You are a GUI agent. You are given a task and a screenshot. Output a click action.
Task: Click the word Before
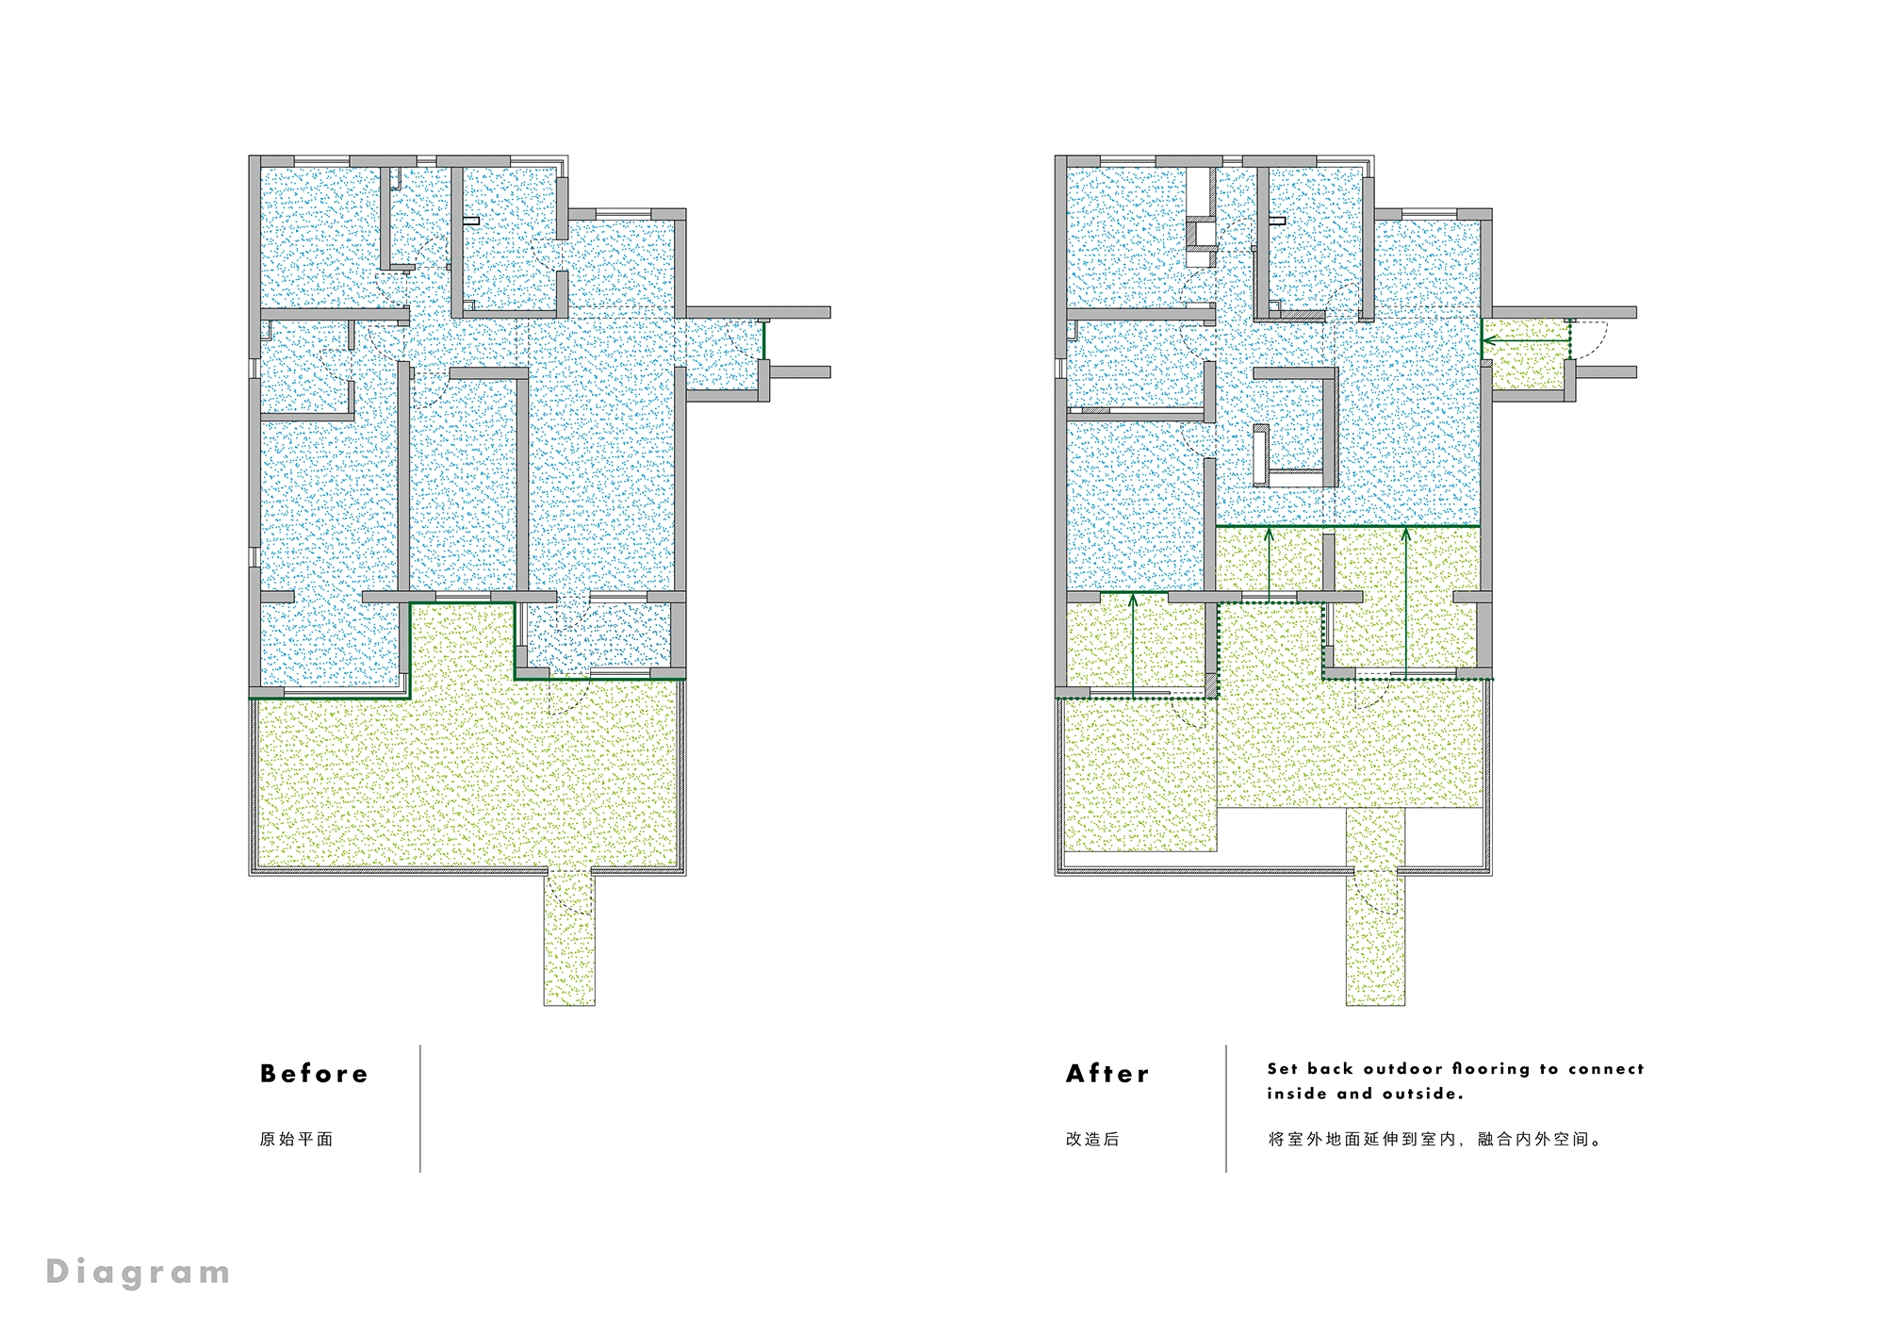tap(314, 1074)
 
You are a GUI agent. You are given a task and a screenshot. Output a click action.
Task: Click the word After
tap(1107, 1074)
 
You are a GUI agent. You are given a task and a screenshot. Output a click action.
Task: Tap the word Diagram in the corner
tap(138, 1274)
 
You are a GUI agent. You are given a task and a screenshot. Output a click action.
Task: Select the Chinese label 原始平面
tap(297, 1139)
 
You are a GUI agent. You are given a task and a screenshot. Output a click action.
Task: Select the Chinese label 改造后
tap(1092, 1139)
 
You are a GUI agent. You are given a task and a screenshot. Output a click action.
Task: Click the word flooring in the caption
tap(1491, 1069)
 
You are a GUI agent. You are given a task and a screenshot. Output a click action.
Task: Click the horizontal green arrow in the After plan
tap(1527, 339)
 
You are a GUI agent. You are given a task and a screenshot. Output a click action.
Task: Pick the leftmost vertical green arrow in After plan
tap(1133, 645)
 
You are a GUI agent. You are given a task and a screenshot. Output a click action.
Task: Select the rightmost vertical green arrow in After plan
tap(1405, 603)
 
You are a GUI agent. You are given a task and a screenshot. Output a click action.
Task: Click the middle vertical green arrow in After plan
tap(1269, 566)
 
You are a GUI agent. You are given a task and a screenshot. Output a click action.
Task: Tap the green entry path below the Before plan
tap(569, 938)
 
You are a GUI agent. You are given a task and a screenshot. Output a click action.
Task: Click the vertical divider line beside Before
tap(420, 1109)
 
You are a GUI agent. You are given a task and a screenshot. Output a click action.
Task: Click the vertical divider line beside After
tap(1226, 1109)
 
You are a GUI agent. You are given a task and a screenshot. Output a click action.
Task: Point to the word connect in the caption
tap(1606, 1069)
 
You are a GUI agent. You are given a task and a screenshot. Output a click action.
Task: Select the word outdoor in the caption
tap(1403, 1069)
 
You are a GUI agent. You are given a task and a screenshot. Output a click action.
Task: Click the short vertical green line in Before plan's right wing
tap(763, 339)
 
